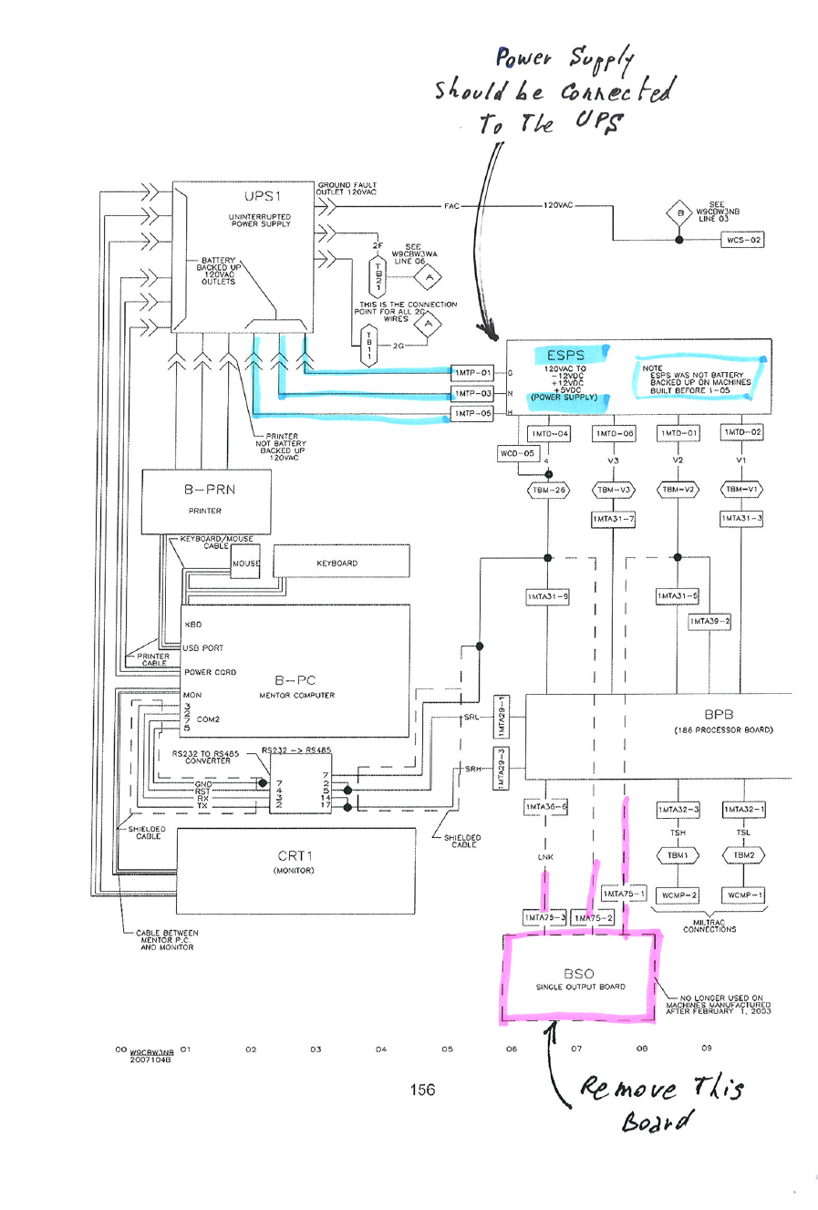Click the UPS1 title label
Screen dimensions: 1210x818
tap(263, 196)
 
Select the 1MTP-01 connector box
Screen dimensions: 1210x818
tap(473, 372)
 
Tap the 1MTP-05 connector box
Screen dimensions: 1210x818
tap(473, 413)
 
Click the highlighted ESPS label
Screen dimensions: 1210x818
tap(565, 356)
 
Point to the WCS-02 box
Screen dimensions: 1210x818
tap(743, 240)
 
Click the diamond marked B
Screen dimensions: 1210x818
tap(678, 214)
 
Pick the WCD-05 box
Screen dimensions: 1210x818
tap(517, 453)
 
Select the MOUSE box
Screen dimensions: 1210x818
tap(245, 564)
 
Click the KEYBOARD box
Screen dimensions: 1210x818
tap(337, 564)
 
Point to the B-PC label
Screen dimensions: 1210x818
tap(295, 680)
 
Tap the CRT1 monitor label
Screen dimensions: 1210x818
tap(295, 856)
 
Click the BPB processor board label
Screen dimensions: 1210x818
tap(719, 715)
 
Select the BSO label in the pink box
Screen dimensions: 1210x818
tap(578, 974)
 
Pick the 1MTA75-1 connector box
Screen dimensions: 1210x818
tap(624, 894)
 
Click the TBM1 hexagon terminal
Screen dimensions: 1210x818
tap(678, 855)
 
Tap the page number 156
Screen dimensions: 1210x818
tap(422, 1090)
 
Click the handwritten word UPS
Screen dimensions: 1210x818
tap(599, 121)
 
